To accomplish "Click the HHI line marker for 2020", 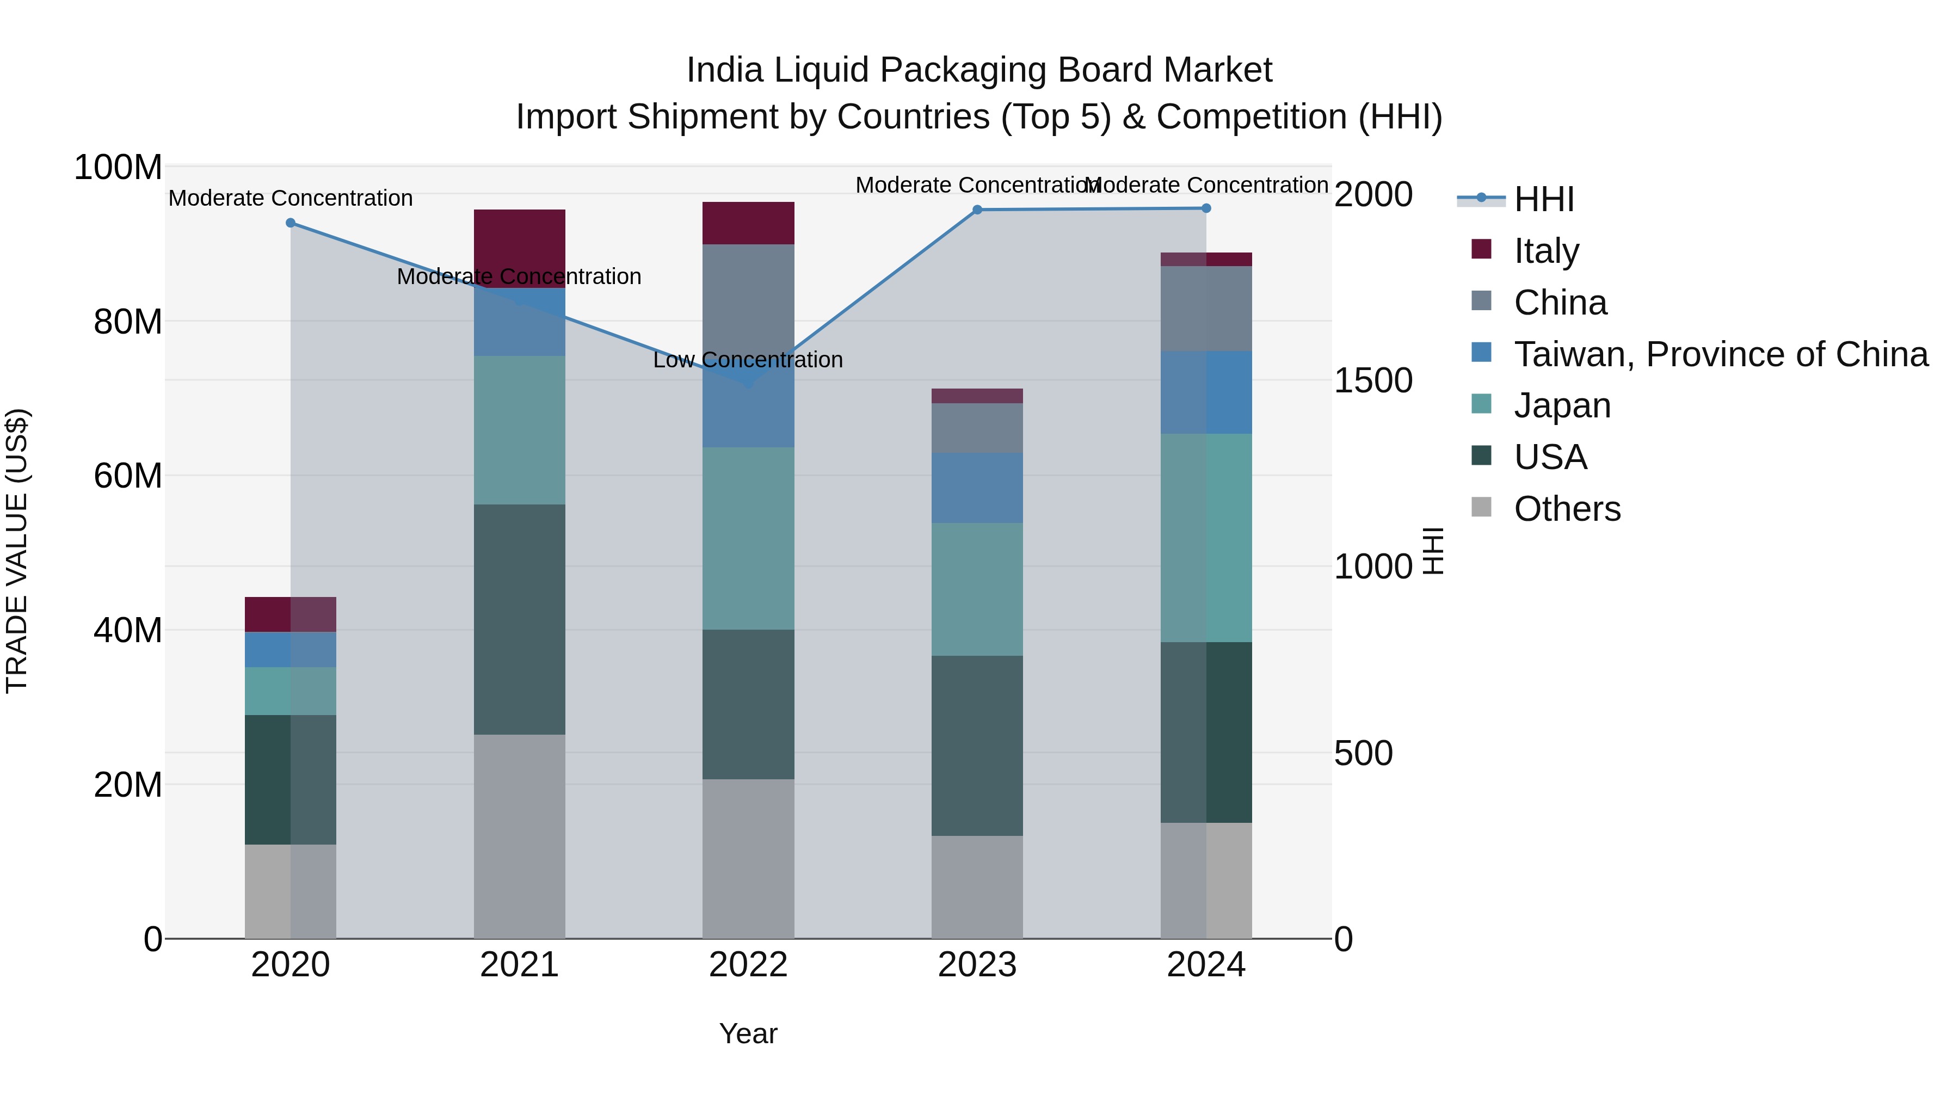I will (x=291, y=223).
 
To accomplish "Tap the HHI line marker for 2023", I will (x=977, y=210).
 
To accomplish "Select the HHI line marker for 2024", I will (x=1206, y=208).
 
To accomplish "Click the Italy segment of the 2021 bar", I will (x=520, y=236).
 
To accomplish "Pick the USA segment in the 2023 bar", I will (x=977, y=746).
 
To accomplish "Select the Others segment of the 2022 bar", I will (x=748, y=858).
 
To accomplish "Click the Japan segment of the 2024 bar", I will (x=1206, y=538).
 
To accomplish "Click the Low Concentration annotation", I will (x=748, y=360).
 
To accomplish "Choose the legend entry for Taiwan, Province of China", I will (x=1720, y=354).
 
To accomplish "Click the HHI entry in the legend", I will (x=1544, y=199).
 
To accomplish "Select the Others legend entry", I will (x=1567, y=509).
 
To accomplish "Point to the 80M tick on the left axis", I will (x=128, y=322).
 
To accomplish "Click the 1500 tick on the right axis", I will (x=1373, y=380).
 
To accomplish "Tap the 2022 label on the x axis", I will (x=748, y=965).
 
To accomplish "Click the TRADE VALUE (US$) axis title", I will (x=17, y=551).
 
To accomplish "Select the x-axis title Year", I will (x=748, y=1033).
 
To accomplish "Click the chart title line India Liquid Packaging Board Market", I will (x=979, y=70).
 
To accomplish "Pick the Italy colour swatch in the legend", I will (x=1481, y=249).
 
